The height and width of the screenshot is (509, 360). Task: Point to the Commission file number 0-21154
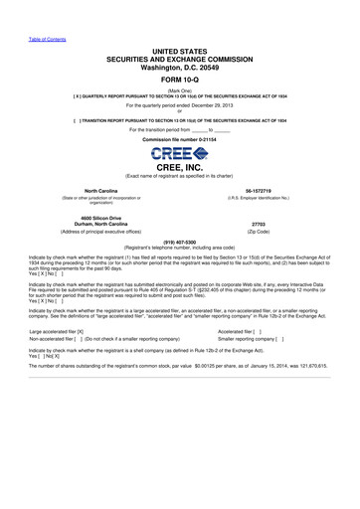click(180, 141)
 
